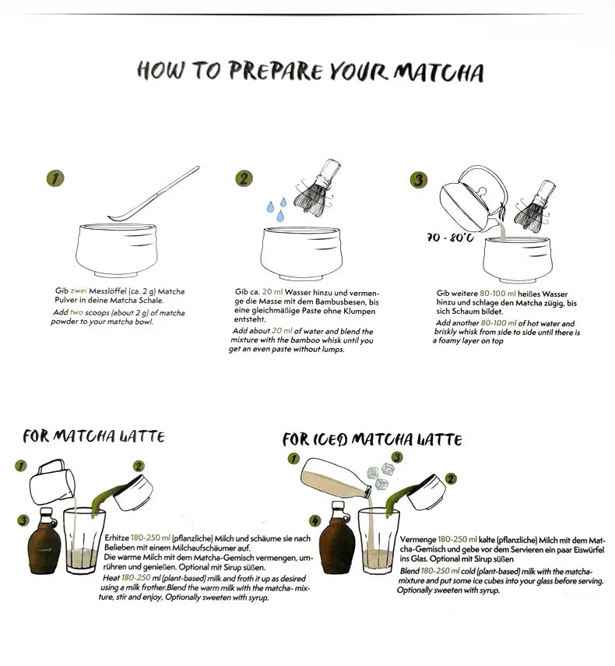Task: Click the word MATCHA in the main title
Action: pos(438,72)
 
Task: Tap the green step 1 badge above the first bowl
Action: pos(54,178)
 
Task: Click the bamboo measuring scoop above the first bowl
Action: pos(153,193)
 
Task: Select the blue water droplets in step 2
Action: pos(276,209)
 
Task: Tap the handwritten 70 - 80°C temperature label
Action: pos(450,238)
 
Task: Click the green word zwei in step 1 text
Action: pos(79,291)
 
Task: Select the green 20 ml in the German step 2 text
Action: pos(272,292)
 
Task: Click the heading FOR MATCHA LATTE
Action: pos(93,436)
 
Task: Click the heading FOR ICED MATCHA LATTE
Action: pos(372,439)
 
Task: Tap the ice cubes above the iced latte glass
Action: pos(381,476)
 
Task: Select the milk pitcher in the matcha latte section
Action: pos(52,482)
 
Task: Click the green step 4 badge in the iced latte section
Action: pos(315,521)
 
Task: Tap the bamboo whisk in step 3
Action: pos(534,205)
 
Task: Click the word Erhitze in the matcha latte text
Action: pos(117,538)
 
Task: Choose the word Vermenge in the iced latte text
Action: pos(418,540)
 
